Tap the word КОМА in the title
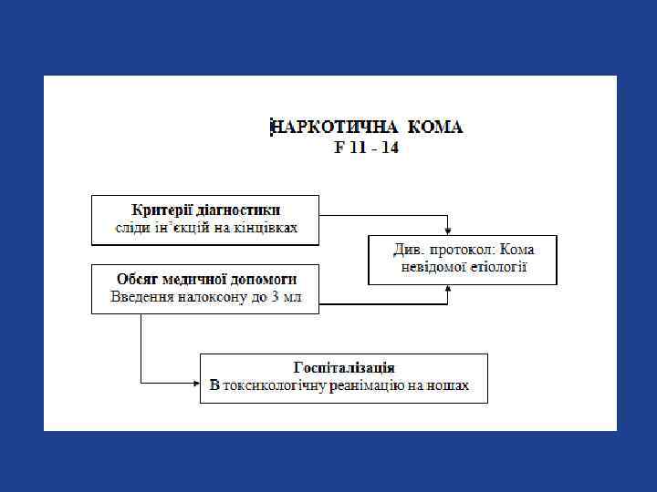(435, 127)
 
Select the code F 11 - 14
(365, 147)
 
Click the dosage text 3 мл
(287, 297)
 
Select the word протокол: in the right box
(467, 249)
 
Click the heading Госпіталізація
(344, 367)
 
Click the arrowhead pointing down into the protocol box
(447, 231)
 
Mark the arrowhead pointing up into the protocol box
(447, 289)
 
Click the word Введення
(140, 297)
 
